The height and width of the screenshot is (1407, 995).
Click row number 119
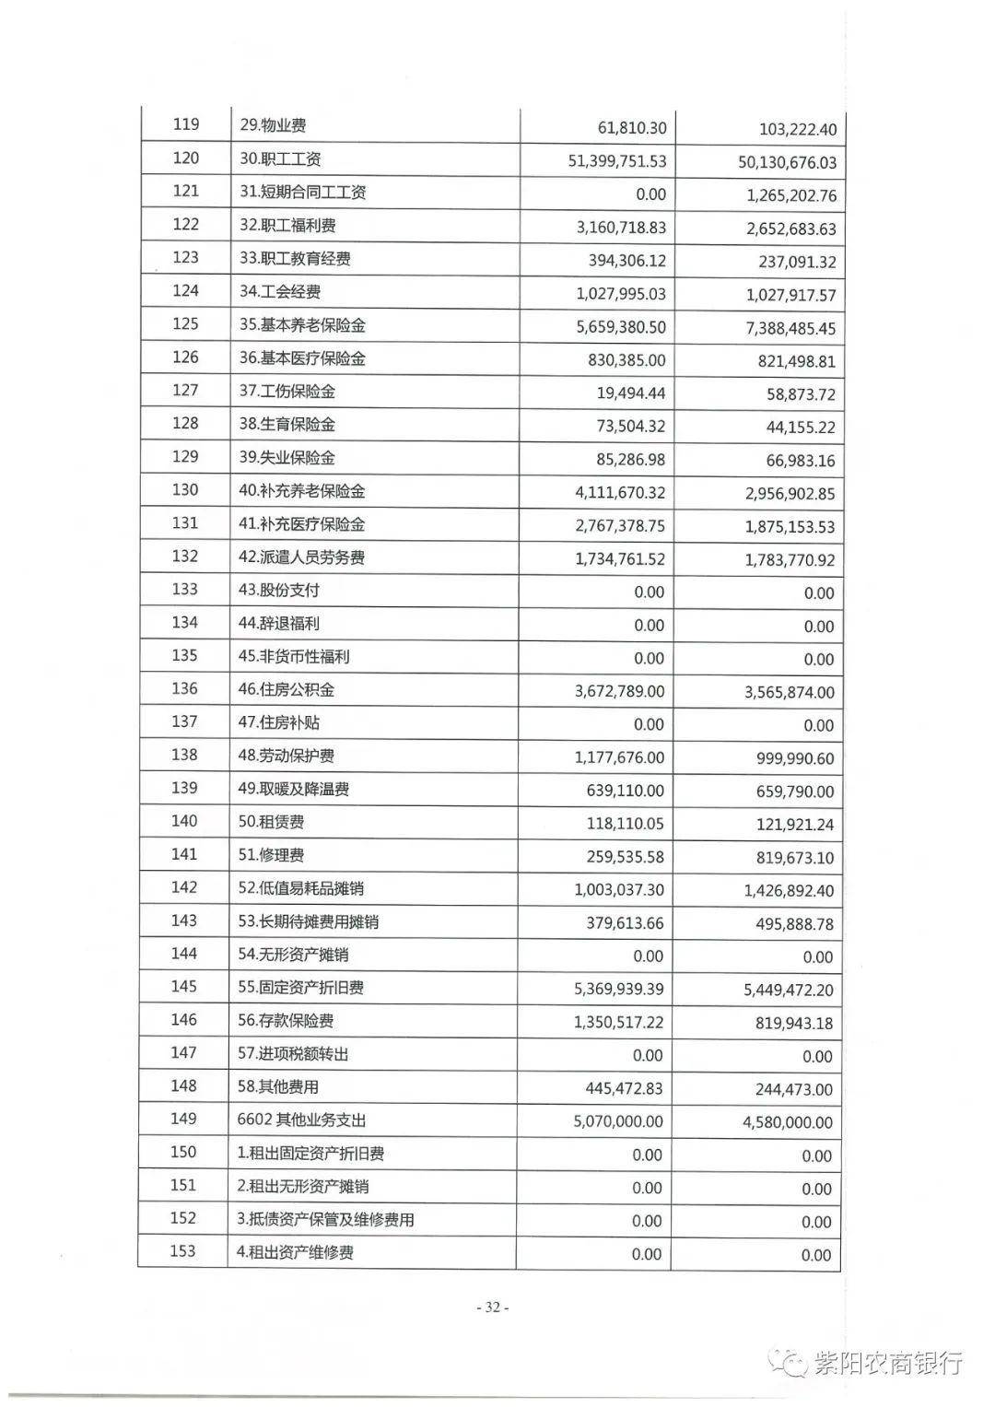pyautogui.click(x=185, y=125)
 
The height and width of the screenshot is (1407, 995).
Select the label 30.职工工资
pyautogui.click(x=280, y=158)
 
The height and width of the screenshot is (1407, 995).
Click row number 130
pyautogui.click(x=185, y=490)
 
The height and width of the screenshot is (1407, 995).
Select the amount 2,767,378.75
pyautogui.click(x=619, y=526)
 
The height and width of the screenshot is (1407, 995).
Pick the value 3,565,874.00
pyautogui.click(x=790, y=692)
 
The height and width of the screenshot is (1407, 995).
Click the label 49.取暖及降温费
pyautogui.click(x=293, y=789)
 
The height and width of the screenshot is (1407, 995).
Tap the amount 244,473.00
pyautogui.click(x=793, y=1089)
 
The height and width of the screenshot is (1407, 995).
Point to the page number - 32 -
pyautogui.click(x=492, y=1307)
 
